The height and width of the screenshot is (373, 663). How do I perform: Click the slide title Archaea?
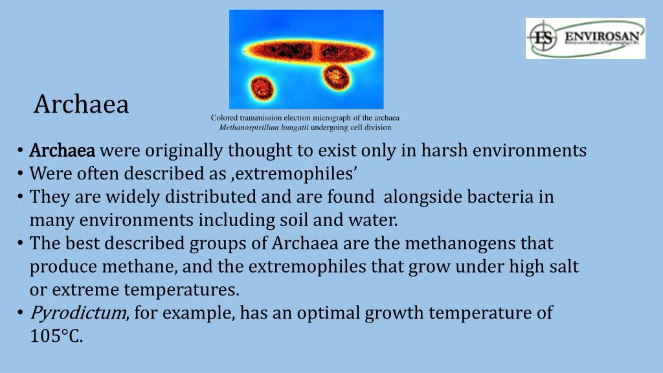pyautogui.click(x=82, y=104)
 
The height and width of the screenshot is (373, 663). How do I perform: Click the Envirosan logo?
pyautogui.click(x=585, y=38)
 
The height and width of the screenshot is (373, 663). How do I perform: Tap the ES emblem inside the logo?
pyautogui.click(x=543, y=37)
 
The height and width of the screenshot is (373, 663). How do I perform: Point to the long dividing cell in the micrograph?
pyautogui.click(x=306, y=51)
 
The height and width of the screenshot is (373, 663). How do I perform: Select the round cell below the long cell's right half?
pyautogui.click(x=336, y=77)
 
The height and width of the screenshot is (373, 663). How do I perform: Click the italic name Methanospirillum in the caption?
pyautogui.click(x=248, y=128)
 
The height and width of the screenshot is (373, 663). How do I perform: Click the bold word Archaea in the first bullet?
pyautogui.click(x=62, y=151)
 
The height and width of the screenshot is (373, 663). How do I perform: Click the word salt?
pyautogui.click(x=563, y=267)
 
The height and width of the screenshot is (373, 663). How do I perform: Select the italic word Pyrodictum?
pyautogui.click(x=78, y=313)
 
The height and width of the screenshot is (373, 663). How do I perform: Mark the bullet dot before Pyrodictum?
pyautogui.click(x=21, y=313)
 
